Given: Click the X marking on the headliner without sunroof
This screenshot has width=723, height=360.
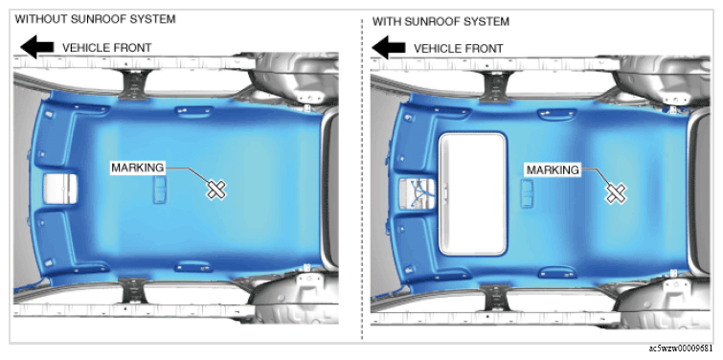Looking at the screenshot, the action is [215, 189].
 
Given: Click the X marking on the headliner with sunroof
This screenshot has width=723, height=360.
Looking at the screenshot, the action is [616, 192].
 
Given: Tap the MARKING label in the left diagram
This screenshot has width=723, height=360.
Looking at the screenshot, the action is [137, 168].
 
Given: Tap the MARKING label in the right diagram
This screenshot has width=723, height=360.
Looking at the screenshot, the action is [553, 170].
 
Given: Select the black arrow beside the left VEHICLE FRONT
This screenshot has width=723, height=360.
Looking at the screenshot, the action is [37, 47].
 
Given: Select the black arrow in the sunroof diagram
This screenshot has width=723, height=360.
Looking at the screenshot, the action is [388, 48].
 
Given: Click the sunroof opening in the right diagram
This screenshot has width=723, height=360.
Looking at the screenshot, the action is [473, 193].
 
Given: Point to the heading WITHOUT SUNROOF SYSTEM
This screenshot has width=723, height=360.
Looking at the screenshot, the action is [96, 19].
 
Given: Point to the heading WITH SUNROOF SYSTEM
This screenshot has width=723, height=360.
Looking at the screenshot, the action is [441, 22].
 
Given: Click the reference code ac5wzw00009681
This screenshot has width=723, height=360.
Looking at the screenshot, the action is [684, 348].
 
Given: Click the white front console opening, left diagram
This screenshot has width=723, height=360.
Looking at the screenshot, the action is [60, 188].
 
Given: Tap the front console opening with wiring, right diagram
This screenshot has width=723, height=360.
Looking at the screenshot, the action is [417, 193].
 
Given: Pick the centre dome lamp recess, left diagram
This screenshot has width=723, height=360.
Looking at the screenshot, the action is [160, 190].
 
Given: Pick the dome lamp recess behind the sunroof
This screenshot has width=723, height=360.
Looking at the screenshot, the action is [527, 193].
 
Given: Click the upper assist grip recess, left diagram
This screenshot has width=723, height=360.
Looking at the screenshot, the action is [193, 112].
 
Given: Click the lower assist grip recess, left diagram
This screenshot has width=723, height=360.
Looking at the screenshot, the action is [193, 266].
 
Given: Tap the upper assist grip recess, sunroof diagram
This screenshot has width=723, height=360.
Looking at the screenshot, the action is [557, 114].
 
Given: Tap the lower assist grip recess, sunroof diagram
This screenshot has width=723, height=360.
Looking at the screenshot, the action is [557, 272].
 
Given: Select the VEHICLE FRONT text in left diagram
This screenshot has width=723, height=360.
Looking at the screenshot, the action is [107, 48].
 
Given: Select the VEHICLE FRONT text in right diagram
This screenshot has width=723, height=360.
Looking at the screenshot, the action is [459, 49].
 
